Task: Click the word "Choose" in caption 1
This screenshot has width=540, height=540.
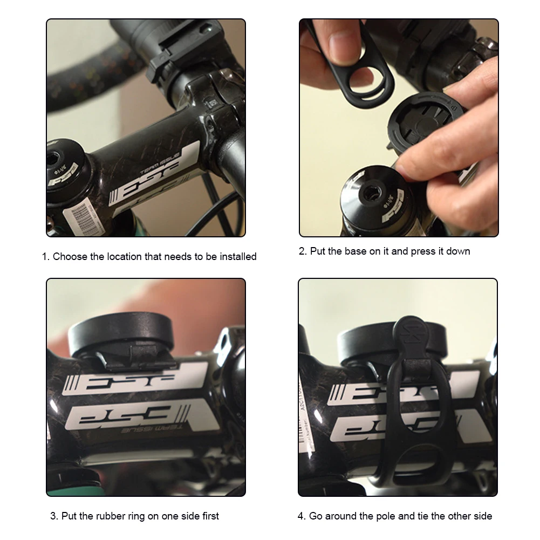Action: pyautogui.click(x=70, y=257)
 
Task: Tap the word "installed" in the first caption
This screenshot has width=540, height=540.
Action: pyautogui.click(x=236, y=257)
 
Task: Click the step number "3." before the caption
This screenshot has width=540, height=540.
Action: pyautogui.click(x=54, y=516)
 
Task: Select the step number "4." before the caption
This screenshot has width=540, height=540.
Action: pyautogui.click(x=302, y=516)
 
